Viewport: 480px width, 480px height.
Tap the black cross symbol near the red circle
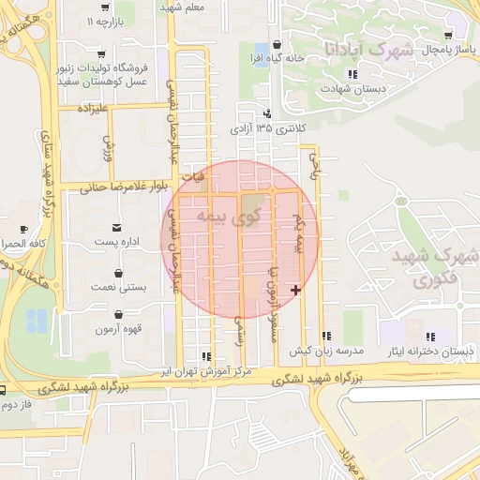(296, 291)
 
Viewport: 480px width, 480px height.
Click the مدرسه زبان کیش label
(325, 350)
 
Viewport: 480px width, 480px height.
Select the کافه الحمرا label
(22, 243)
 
